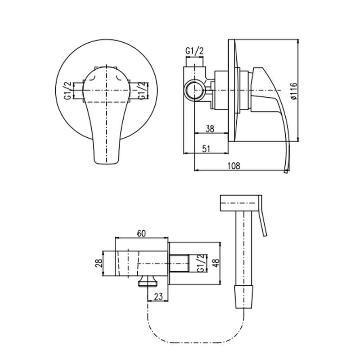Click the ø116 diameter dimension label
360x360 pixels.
tap(293, 91)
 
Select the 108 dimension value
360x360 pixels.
tap(234, 166)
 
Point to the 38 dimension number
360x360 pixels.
tap(210, 128)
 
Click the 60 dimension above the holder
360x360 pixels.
tap(141, 233)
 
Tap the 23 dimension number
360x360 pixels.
tap(158, 296)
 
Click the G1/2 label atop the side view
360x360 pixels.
tap(194, 51)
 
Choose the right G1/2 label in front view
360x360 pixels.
tap(142, 90)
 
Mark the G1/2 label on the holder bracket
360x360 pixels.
tap(201, 263)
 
